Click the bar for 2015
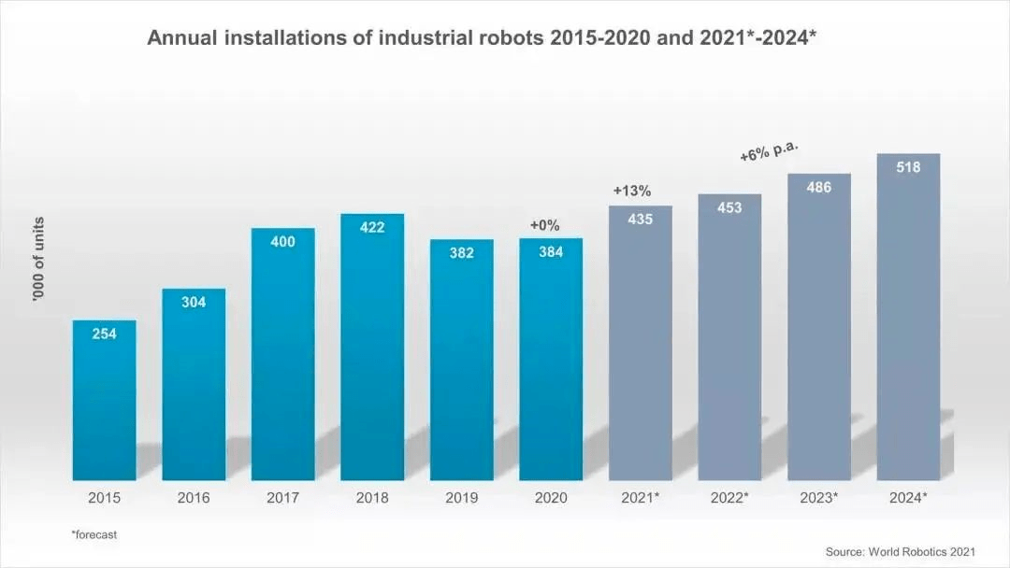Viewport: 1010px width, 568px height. pos(105,400)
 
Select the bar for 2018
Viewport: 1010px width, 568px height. pos(372,348)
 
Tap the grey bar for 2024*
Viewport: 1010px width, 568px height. pos(908,317)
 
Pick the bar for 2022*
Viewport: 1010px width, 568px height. pos(729,337)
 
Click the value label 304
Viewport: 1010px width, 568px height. pos(194,302)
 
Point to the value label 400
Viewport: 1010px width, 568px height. pos(282,242)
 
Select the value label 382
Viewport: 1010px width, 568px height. pos(462,253)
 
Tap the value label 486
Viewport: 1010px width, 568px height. pos(818,187)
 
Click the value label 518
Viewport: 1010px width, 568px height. pos(908,167)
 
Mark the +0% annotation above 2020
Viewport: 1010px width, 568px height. pos(545,225)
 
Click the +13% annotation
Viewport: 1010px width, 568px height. pos(632,191)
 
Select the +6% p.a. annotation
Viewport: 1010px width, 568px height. pos(769,152)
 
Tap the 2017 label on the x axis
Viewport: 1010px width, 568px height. pos(282,498)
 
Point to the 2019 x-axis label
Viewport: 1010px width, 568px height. pos(462,498)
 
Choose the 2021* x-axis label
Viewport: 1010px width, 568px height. pos(641,498)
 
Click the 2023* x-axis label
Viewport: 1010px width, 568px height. pos(818,498)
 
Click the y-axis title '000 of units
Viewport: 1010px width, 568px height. pos(38,259)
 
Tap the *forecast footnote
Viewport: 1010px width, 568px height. pos(94,534)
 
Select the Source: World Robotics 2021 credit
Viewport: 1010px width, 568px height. pos(901,551)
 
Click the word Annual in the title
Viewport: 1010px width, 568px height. pos(182,38)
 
